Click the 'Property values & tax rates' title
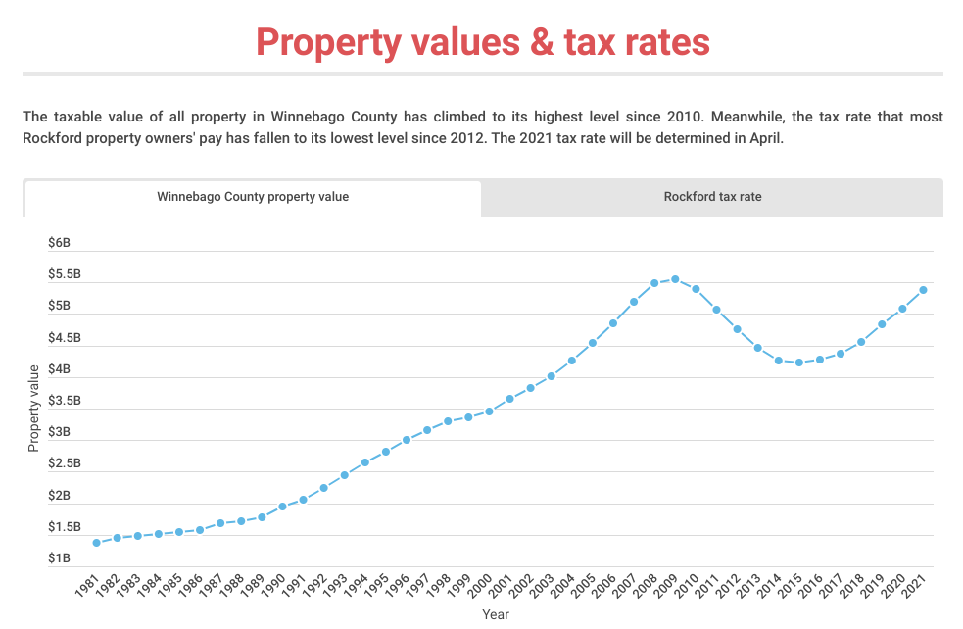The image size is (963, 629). click(x=482, y=42)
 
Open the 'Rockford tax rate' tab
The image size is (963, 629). click(x=712, y=197)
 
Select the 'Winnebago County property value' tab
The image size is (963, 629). click(x=253, y=197)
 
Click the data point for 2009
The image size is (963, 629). click(x=675, y=279)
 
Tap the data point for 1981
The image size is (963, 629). click(x=96, y=543)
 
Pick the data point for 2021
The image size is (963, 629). click(x=923, y=290)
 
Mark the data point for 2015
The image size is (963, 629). click(x=799, y=363)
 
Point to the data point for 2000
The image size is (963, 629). click(x=489, y=411)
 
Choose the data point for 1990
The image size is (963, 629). click(x=282, y=507)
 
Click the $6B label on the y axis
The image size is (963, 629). click(x=59, y=243)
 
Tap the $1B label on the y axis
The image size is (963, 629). click(x=59, y=559)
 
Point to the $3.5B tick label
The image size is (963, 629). click(x=64, y=401)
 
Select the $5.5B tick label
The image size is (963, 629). click(x=64, y=275)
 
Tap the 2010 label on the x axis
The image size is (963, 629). click(x=689, y=588)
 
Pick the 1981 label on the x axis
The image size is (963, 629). click(x=89, y=588)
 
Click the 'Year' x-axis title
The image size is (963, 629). click(x=495, y=615)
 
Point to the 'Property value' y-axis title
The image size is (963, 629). click(x=34, y=408)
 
